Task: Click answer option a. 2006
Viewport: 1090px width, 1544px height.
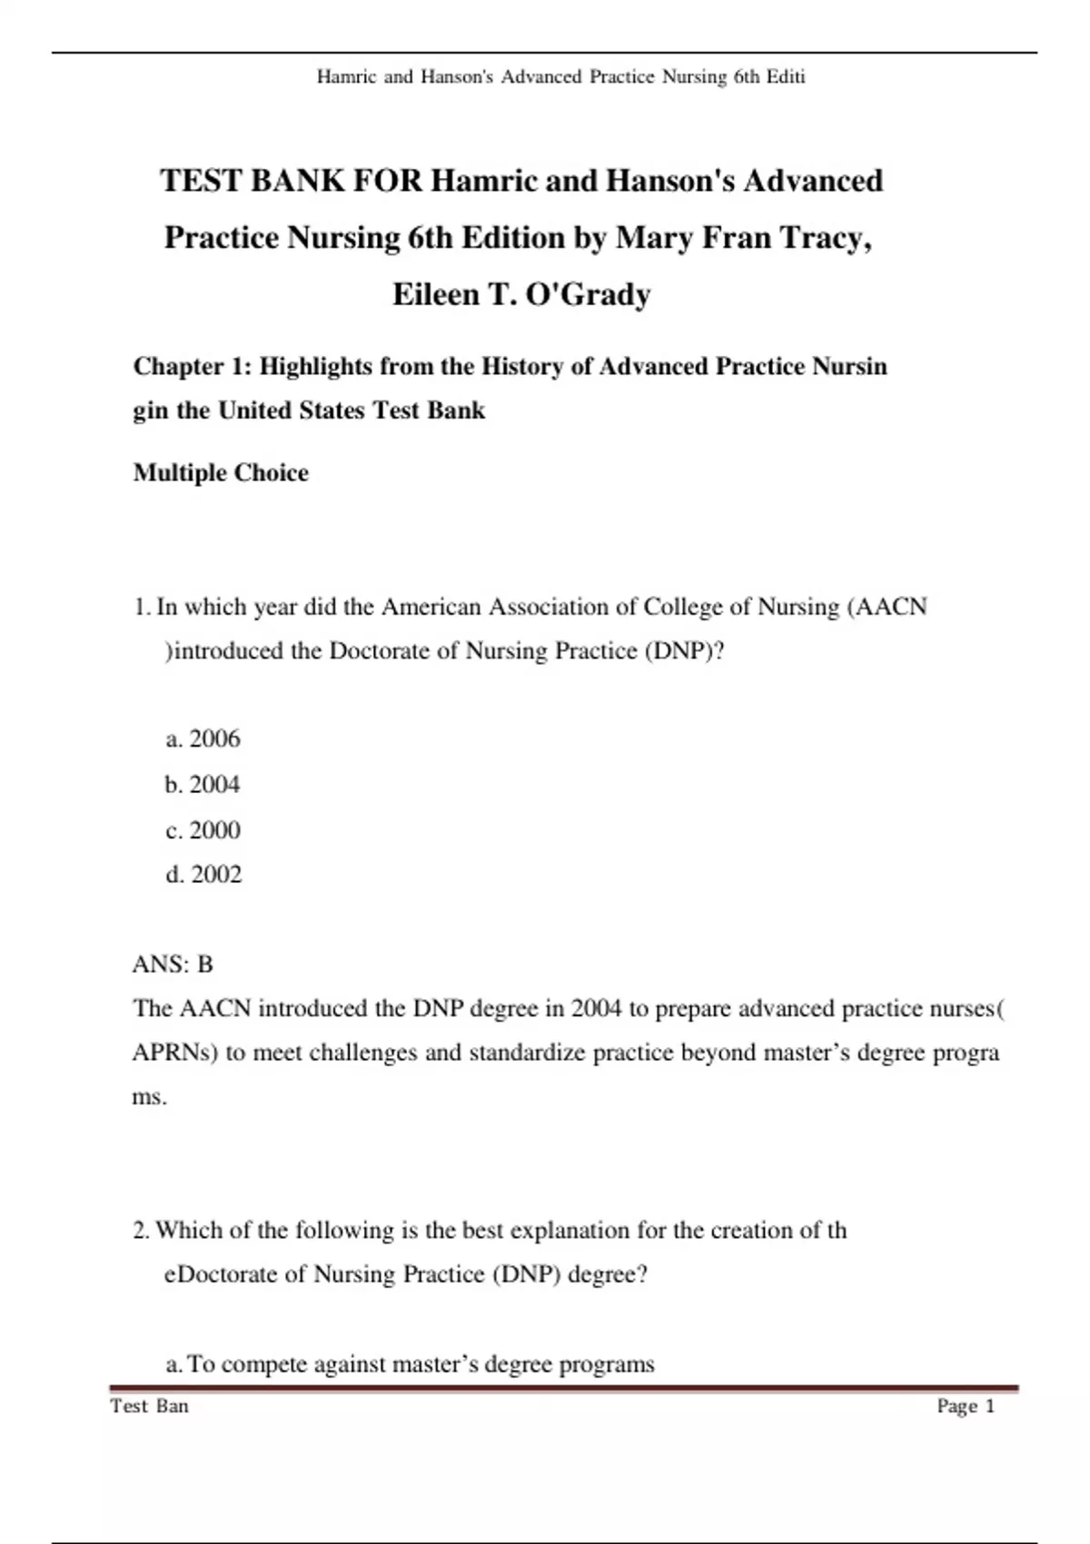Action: point(203,738)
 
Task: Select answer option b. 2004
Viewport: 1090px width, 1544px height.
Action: point(203,784)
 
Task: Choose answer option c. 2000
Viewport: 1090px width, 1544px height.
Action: point(203,829)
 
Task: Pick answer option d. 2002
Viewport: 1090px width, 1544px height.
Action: point(203,874)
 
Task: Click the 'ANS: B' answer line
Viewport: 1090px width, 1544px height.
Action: point(173,964)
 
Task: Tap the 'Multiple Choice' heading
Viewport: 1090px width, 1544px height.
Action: point(221,472)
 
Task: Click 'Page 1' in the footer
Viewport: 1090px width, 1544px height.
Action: point(966,1406)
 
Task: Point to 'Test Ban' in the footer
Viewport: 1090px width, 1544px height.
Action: point(149,1406)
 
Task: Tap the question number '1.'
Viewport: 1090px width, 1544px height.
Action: point(142,607)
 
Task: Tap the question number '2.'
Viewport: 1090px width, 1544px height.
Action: point(142,1230)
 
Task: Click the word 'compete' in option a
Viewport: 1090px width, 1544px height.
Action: point(264,1364)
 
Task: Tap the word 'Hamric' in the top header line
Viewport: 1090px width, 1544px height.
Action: point(346,77)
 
